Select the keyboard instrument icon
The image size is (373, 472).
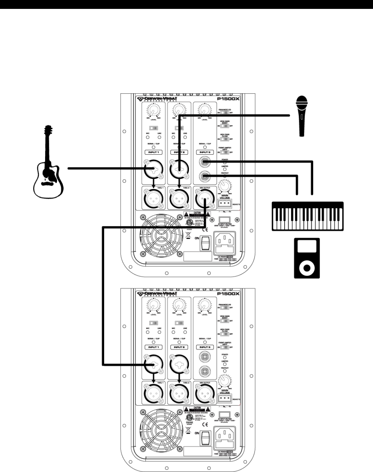pyautogui.click(x=307, y=215)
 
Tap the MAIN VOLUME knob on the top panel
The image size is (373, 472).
pyautogui.click(x=224, y=186)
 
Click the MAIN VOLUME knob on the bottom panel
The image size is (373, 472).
pyautogui.click(x=224, y=381)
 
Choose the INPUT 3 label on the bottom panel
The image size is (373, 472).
pyautogui.click(x=205, y=347)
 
